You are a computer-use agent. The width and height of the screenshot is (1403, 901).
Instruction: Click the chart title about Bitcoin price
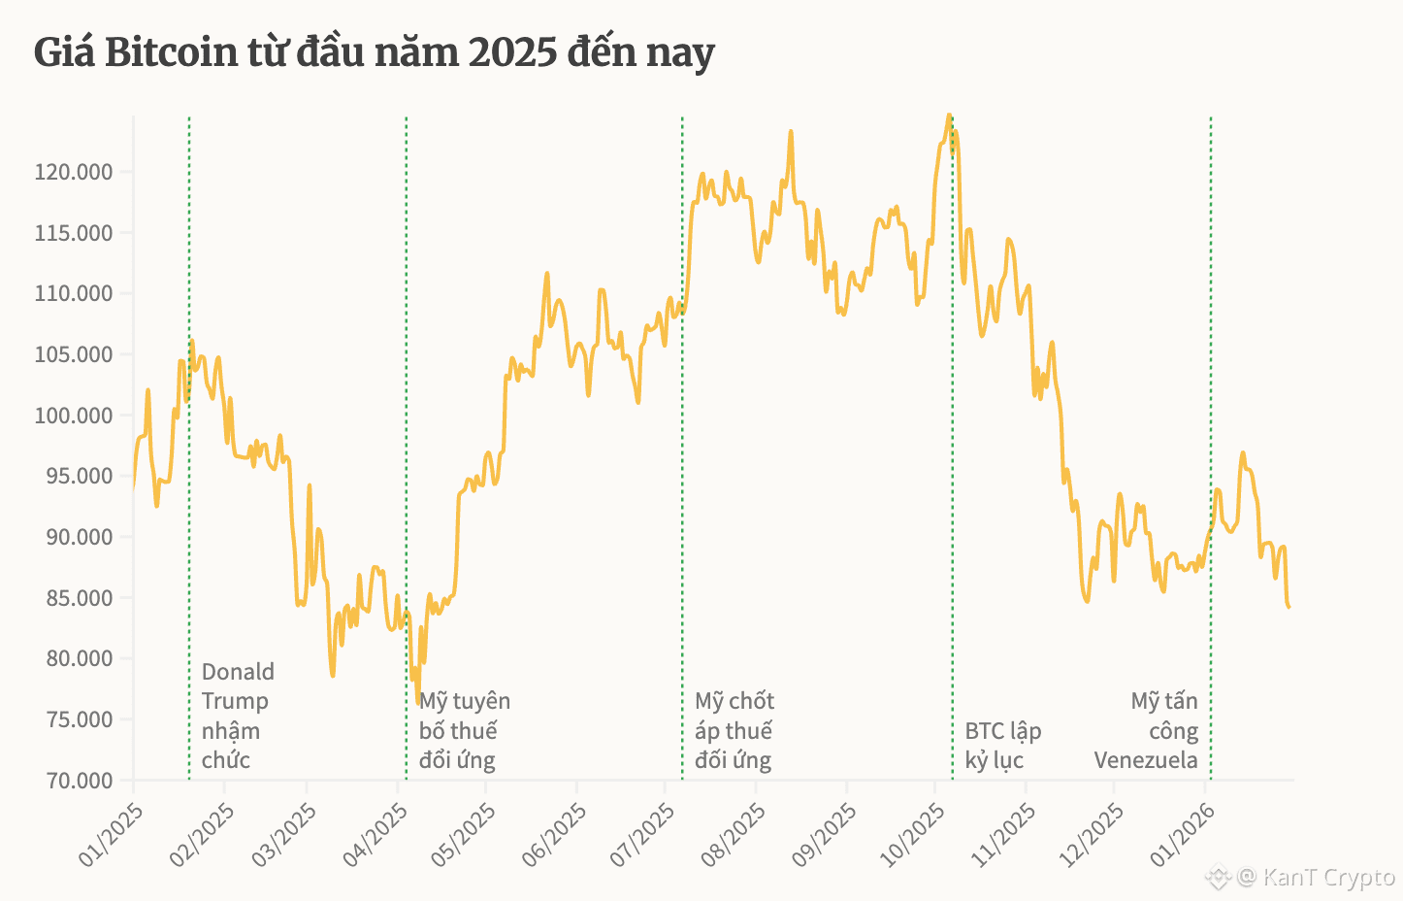(375, 52)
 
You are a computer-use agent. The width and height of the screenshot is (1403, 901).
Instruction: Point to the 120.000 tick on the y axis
(74, 173)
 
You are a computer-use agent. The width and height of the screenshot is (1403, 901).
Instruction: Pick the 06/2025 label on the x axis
(553, 835)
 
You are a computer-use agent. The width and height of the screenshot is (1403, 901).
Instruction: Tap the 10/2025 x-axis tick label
(912, 835)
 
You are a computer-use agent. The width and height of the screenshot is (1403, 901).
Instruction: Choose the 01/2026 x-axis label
(1180, 835)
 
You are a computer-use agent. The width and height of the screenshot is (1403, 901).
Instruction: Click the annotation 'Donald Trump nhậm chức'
(238, 716)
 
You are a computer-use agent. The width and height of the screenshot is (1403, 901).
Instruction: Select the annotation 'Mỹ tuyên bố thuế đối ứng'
(464, 730)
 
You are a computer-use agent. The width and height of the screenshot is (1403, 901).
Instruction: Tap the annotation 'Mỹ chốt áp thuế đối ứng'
(734, 730)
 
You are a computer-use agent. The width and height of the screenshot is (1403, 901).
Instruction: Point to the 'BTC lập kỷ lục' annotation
(1002, 745)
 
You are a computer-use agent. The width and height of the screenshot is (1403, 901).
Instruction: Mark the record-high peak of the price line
(949, 116)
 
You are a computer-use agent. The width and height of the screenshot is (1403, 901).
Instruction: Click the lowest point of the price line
(418, 703)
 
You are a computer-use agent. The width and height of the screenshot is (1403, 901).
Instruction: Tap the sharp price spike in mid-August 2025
(791, 132)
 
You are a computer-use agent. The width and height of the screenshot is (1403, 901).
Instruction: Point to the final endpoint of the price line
(1289, 607)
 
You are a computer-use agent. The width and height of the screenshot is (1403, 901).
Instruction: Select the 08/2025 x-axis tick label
(733, 835)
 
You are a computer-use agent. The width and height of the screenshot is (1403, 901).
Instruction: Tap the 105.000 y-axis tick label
(74, 355)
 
